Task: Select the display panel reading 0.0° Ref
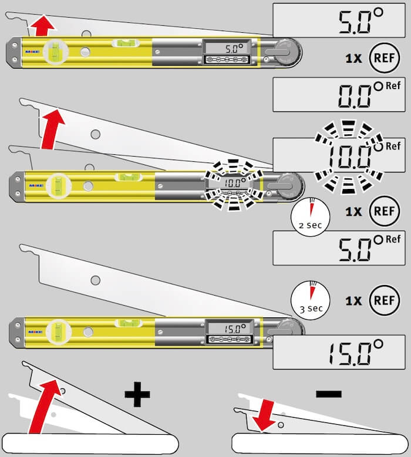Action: pyautogui.click(x=341, y=95)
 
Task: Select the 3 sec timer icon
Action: pyautogui.click(x=309, y=298)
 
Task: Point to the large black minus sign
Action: pyautogui.click(x=328, y=394)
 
